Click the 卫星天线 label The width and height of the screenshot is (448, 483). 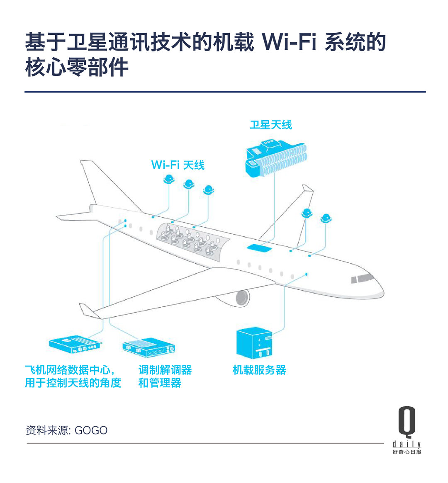(x=270, y=125)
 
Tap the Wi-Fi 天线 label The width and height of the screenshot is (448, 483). (x=178, y=165)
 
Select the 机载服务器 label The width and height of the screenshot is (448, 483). (x=259, y=370)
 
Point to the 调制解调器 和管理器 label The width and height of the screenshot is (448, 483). (x=165, y=376)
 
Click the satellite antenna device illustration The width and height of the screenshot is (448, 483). (x=276, y=159)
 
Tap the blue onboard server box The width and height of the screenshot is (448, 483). (x=254, y=343)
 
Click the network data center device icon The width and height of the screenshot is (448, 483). (x=75, y=345)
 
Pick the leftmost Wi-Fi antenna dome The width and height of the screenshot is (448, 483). (x=169, y=179)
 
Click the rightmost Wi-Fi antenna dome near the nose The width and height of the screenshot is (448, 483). (x=326, y=218)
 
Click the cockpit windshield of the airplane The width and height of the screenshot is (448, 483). (x=362, y=278)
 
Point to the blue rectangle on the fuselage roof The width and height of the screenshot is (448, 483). (x=259, y=248)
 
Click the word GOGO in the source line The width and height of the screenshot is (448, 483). (x=91, y=430)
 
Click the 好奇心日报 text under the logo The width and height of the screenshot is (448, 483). (x=407, y=452)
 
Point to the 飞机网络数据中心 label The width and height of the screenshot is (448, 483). (x=67, y=370)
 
